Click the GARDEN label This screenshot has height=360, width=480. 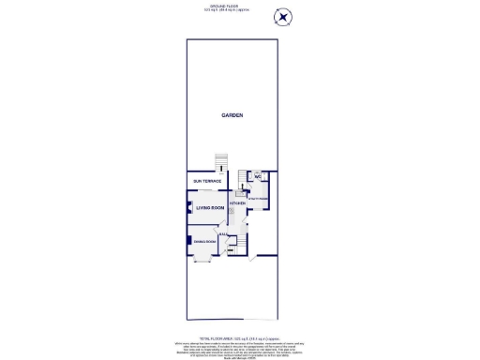pos(232,115)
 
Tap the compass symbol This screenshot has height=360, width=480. pos(283,17)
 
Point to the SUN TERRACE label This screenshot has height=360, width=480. pos(206,180)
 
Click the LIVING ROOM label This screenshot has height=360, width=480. pos(210,207)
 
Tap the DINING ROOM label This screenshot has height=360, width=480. pos(204,242)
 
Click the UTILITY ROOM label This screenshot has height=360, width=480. pos(259,198)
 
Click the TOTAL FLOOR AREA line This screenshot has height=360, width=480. pos(240,337)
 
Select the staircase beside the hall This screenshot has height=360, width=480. pos(241,245)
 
